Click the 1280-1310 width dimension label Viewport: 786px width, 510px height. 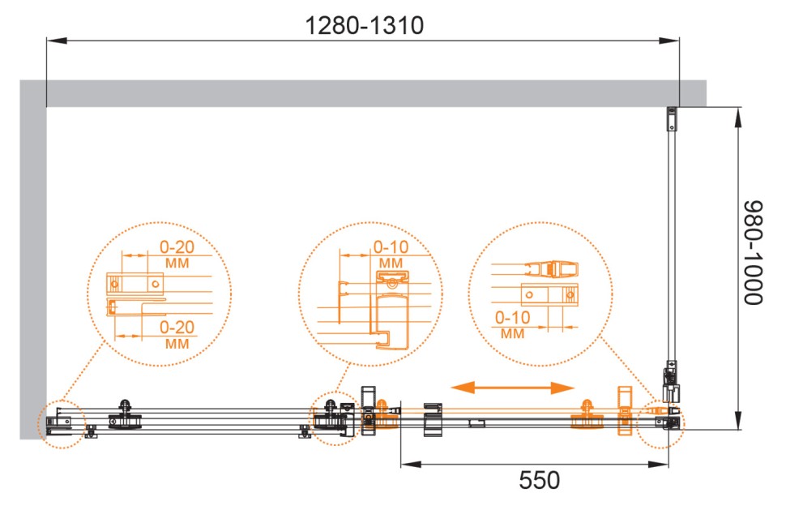click(365, 25)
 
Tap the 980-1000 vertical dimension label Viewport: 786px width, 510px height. click(753, 252)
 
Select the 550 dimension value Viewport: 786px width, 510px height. click(540, 481)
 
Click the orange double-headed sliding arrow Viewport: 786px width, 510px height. click(512, 388)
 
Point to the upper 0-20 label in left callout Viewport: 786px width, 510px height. click(177, 246)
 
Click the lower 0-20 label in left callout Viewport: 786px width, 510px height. click(177, 327)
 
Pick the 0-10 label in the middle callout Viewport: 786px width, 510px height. click(391, 246)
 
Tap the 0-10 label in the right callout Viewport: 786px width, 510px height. click(512, 317)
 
